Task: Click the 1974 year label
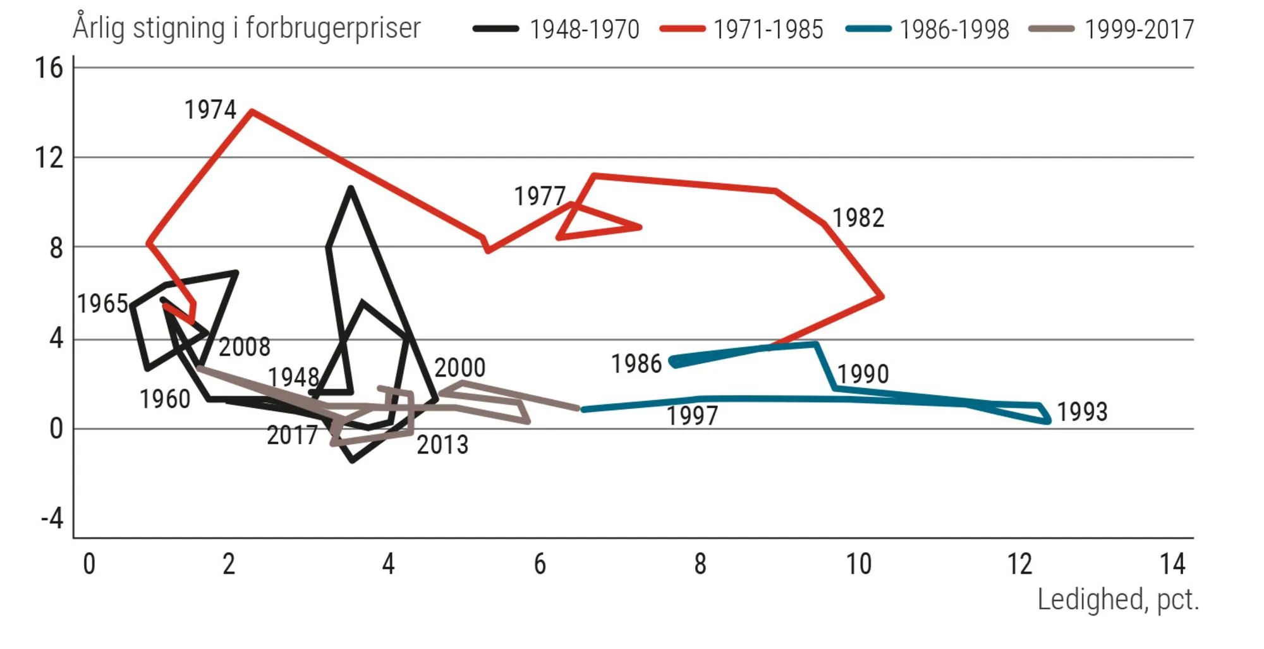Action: point(210,110)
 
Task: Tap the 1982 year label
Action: point(858,218)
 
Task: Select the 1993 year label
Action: point(1082,412)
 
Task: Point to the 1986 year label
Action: point(636,364)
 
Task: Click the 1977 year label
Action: point(539,197)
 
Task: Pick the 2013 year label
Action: point(442,446)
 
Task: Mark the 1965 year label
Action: point(102,304)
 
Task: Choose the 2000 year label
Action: point(459,368)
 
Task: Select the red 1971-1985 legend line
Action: point(682,29)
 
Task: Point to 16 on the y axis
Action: point(49,68)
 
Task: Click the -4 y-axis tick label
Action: point(52,519)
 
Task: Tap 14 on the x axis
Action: point(1172,564)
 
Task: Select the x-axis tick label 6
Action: point(540,564)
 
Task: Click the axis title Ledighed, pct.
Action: point(1117,599)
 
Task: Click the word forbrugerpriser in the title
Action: point(333,28)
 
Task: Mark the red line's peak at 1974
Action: point(252,112)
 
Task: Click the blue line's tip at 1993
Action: point(1048,420)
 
